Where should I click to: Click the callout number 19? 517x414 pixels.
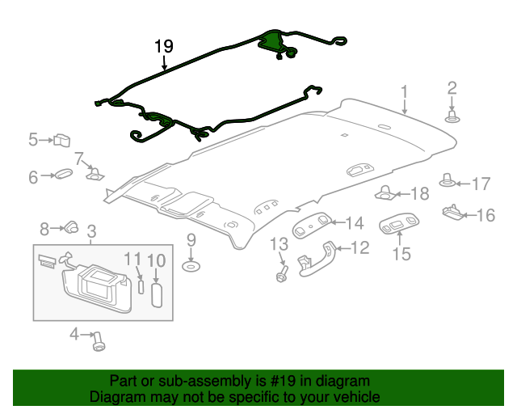tap(164, 46)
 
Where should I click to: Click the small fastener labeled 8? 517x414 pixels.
tap(72, 227)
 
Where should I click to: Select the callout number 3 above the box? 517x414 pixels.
tap(91, 231)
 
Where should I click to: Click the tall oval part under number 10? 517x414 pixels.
tap(157, 291)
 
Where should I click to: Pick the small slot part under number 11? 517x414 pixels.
tap(141, 286)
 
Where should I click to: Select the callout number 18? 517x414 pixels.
tap(420, 193)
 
